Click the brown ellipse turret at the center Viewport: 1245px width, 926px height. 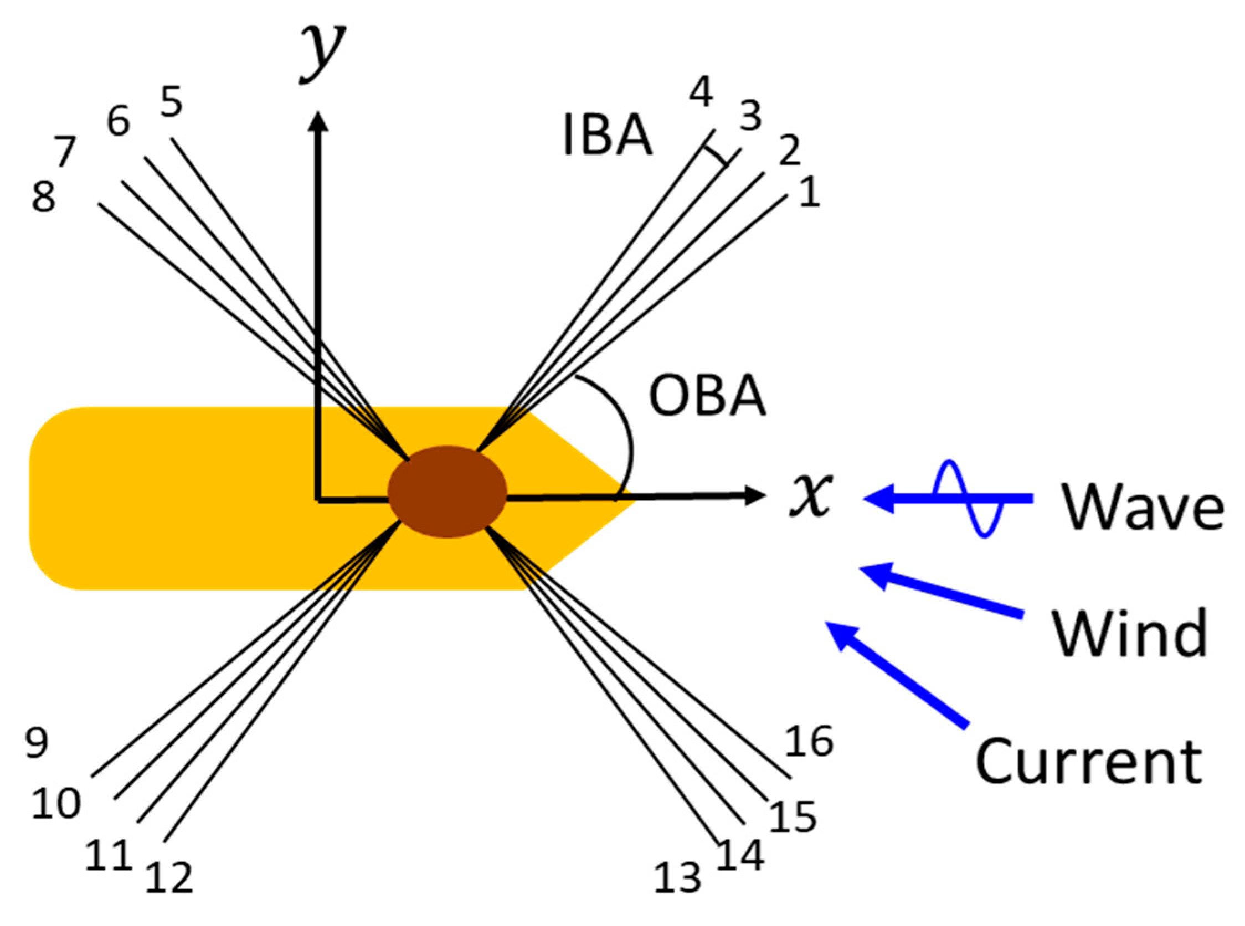[447, 492]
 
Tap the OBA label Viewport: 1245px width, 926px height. [707, 397]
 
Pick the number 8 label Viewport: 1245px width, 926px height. [44, 197]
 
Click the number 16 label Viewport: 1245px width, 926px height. [808, 741]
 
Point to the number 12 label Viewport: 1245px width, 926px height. [169, 878]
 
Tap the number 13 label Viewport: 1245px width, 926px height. [677, 878]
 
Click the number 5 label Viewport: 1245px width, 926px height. [171, 102]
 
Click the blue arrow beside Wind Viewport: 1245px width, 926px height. [942, 592]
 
